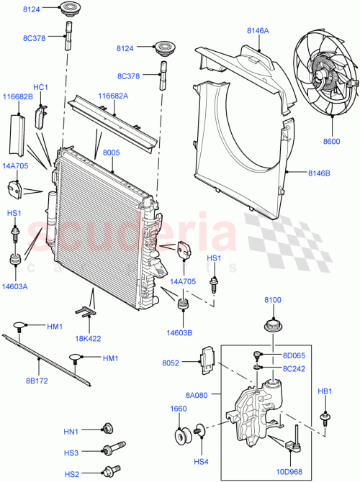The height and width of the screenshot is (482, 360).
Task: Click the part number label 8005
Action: click(x=112, y=153)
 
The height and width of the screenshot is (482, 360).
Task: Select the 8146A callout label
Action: click(x=258, y=31)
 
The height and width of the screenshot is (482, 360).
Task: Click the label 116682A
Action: click(x=113, y=96)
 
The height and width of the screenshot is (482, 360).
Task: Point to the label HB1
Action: click(x=326, y=392)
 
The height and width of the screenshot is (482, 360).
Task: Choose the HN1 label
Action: click(x=71, y=432)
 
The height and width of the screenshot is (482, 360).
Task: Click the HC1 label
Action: click(x=40, y=88)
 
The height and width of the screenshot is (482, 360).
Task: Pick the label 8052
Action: click(x=182, y=363)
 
